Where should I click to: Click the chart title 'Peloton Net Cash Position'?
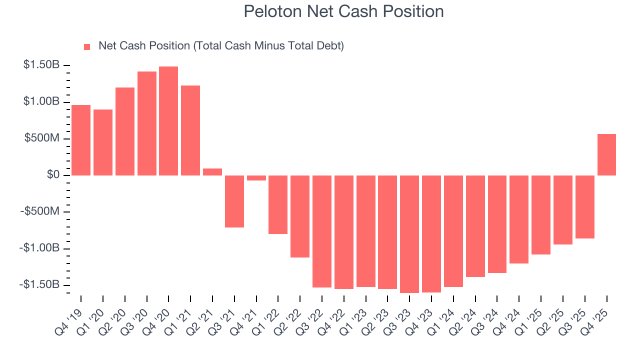(343, 11)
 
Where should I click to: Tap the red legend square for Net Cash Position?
(87, 46)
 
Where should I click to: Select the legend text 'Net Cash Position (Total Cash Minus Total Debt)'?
(221, 46)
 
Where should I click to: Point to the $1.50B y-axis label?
(42, 65)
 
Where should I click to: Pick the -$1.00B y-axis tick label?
(40, 248)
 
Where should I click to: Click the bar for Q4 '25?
(606, 154)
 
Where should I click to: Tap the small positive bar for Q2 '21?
(212, 172)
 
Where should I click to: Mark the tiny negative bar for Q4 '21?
(256, 178)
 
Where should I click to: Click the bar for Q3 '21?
(234, 201)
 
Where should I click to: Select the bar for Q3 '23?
(409, 234)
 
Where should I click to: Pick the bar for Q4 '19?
(81, 140)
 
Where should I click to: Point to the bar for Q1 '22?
(278, 204)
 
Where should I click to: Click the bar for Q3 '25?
(584, 207)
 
